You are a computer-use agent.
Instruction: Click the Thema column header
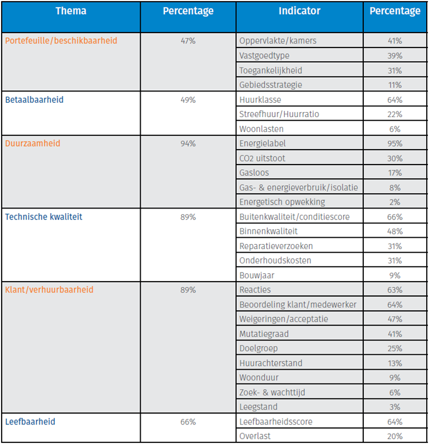click(x=71, y=11)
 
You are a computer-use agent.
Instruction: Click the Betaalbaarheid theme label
click(x=34, y=99)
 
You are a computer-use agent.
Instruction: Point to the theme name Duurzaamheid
click(x=33, y=143)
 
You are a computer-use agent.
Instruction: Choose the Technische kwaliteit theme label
click(x=43, y=217)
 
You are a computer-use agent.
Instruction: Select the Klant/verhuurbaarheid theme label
click(x=49, y=290)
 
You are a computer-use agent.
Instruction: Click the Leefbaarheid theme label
click(x=30, y=422)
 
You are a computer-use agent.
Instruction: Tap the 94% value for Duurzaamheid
click(x=188, y=143)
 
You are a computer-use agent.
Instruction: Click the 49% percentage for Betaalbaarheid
click(x=188, y=99)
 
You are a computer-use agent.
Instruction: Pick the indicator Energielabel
click(x=263, y=143)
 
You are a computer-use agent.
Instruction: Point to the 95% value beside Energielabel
click(x=395, y=143)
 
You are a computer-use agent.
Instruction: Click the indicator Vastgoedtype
click(x=264, y=55)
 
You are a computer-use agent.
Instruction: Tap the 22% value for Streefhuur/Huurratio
click(x=395, y=114)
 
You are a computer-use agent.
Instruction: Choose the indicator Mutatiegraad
click(x=264, y=334)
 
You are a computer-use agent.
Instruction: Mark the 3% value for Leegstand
click(x=395, y=407)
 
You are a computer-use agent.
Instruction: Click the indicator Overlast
click(x=255, y=436)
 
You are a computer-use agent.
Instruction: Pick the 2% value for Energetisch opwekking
click(x=395, y=202)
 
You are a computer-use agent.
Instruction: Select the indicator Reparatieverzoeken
click(x=276, y=246)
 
